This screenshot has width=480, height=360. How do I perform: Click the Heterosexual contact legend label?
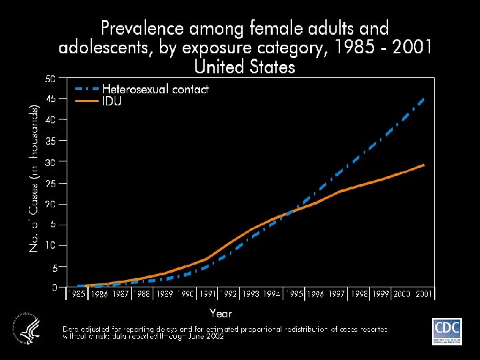click(x=155, y=89)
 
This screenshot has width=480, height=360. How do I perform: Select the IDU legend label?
click(x=111, y=101)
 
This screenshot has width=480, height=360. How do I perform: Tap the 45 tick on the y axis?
click(x=51, y=99)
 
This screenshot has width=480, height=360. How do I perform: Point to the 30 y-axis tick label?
click(x=51, y=162)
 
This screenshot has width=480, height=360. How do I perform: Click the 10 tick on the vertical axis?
click(x=51, y=245)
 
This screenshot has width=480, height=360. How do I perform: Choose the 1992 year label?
click(x=229, y=293)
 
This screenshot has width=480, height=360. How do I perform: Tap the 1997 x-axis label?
click(x=337, y=293)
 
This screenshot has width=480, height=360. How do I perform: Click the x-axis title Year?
click(x=221, y=312)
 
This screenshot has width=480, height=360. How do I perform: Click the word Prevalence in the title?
click(x=141, y=29)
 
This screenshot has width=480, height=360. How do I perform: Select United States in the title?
click(x=244, y=67)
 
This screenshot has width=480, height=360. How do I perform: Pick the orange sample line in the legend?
click(x=87, y=101)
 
